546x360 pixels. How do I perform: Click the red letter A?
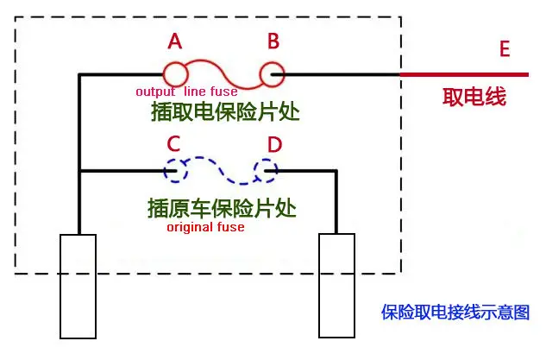pos(175,41)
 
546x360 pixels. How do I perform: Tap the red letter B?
pos(273,41)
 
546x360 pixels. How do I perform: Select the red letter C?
pos(173,143)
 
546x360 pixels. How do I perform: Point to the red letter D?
pos(274,144)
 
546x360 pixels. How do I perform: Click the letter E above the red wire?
pos(505,49)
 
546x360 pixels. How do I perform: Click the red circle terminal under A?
pos(164,74)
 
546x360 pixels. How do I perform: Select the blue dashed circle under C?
pos(165,171)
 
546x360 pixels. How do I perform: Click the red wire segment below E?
pos(465,74)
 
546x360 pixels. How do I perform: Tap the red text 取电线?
pos(474,97)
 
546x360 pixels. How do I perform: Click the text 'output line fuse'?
pos(186,92)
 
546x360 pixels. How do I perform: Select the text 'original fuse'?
pos(205,227)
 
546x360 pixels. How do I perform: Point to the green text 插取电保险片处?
pos(225,111)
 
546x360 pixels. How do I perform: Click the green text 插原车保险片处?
pos(222,208)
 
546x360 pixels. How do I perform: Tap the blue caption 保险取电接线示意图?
pos(455,312)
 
